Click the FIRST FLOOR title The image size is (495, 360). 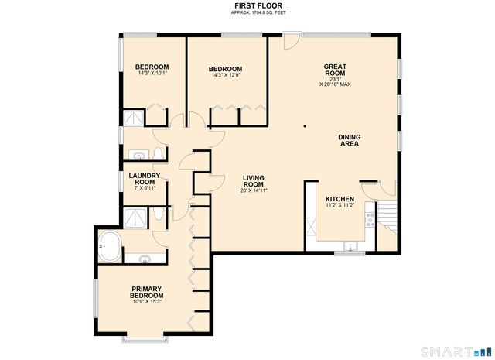tap(247, 5)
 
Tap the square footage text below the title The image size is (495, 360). tap(247, 13)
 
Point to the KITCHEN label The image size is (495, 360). tap(340, 197)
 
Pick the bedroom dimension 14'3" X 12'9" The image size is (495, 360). tap(227, 75)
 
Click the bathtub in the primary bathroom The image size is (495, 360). tap(109, 246)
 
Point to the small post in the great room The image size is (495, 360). tap(305, 126)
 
